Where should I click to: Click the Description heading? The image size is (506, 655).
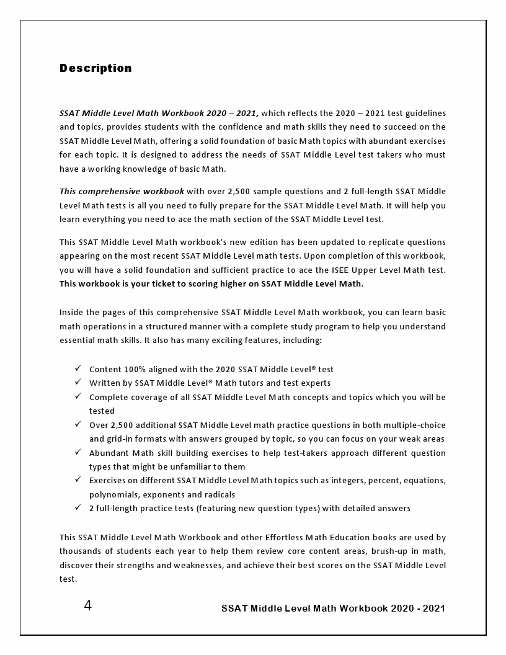(x=95, y=68)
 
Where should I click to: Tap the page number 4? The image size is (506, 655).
(x=87, y=606)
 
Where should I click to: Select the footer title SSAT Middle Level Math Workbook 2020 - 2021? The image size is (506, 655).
(x=333, y=608)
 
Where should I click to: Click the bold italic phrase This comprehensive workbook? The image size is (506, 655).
(x=122, y=191)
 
